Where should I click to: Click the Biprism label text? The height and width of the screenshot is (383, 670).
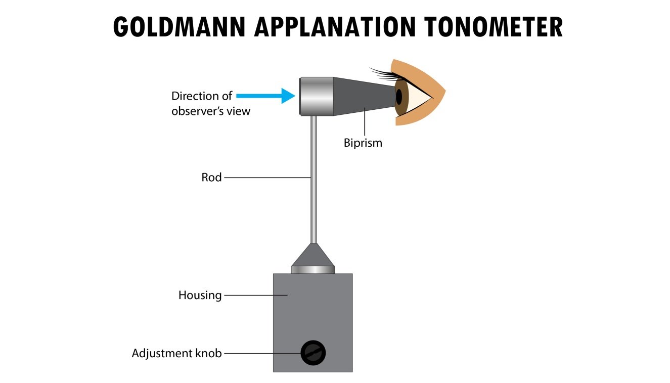[363, 143]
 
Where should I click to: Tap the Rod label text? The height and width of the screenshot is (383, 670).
[211, 178]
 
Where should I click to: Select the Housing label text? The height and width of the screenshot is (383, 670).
[200, 295]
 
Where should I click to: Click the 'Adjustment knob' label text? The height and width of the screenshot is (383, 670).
[176, 353]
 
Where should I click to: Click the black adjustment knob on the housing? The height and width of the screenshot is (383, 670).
[313, 353]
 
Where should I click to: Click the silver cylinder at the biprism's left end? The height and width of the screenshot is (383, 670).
[317, 96]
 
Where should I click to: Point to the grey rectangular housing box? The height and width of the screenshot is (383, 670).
[312, 314]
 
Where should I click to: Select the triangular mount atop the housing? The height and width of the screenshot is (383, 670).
[313, 256]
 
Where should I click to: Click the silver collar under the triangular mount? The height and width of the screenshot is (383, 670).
[313, 270]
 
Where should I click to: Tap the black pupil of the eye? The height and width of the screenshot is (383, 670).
[399, 96]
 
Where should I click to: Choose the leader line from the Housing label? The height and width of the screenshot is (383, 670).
[255, 295]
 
